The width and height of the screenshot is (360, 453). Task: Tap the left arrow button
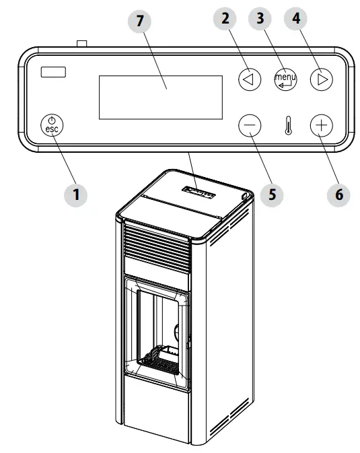pyautogui.click(x=250, y=79)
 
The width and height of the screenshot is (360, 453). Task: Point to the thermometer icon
pyautogui.click(x=287, y=127)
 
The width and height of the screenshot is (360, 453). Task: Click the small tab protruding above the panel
pyautogui.click(x=83, y=44)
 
